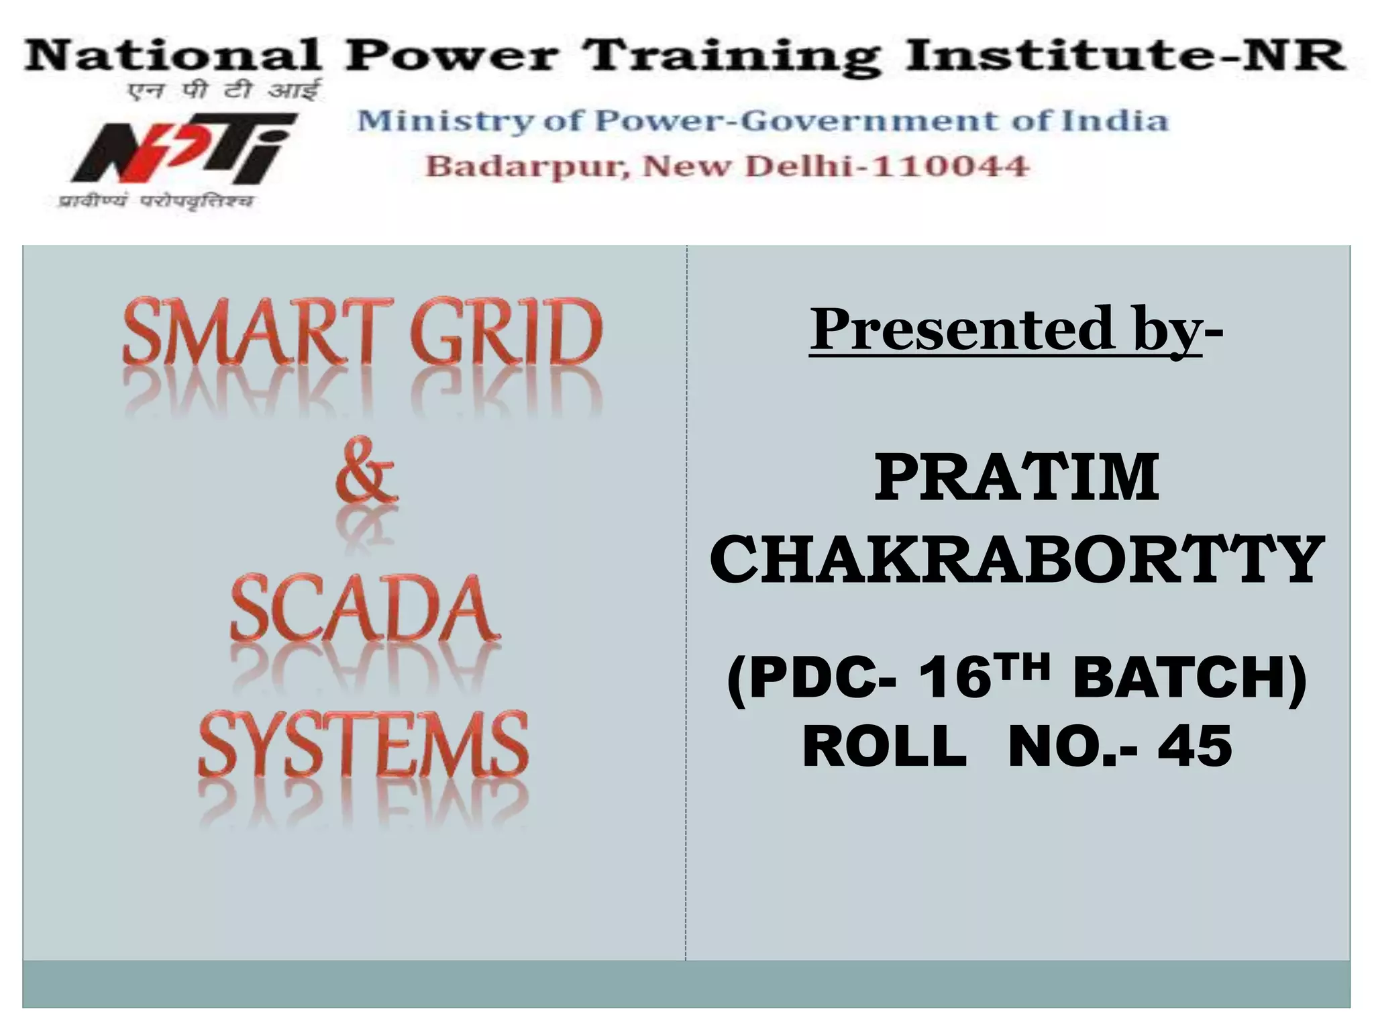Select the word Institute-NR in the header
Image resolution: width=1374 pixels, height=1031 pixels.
click(1124, 55)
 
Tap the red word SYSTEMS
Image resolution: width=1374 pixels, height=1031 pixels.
click(363, 744)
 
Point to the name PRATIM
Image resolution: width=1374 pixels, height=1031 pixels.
click(1016, 478)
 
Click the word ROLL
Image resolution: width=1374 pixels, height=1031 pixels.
click(884, 746)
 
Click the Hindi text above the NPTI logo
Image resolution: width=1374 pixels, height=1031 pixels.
click(224, 90)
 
